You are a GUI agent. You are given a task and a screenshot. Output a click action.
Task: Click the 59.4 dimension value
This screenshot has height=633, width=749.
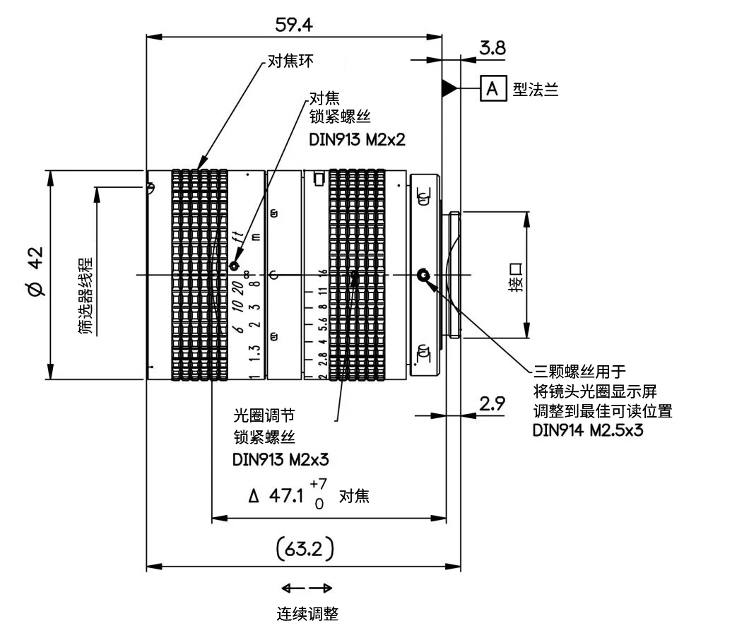294,24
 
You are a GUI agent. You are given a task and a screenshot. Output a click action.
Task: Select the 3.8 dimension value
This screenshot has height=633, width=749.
493,48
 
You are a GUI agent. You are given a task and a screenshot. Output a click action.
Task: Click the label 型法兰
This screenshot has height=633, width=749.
536,89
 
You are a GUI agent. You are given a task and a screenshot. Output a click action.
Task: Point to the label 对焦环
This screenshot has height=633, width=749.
290,61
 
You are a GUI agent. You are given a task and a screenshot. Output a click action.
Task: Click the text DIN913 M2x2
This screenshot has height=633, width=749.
358,139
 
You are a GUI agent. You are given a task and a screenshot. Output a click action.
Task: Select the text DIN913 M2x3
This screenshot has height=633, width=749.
281,460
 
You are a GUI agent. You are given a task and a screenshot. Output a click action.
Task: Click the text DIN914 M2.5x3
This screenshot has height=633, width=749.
588,430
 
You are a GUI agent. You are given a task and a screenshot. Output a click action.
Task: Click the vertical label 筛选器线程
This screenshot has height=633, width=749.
85,296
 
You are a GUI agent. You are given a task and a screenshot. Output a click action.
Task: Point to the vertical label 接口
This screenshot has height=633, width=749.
516,277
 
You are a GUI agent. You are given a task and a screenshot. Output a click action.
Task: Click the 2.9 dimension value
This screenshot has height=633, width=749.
492,404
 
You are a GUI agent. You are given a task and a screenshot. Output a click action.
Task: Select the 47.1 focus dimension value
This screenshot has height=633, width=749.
286,496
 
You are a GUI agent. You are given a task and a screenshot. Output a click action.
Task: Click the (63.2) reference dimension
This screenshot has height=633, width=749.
305,549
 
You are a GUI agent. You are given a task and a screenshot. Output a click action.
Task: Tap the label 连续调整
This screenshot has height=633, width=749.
307,614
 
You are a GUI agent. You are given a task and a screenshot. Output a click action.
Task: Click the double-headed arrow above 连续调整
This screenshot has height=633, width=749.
307,588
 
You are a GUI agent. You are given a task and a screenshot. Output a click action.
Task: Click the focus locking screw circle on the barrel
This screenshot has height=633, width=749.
234,266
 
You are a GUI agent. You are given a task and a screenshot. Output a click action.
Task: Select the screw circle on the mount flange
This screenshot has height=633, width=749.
423,276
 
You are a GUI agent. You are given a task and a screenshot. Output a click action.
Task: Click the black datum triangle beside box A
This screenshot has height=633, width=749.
449,88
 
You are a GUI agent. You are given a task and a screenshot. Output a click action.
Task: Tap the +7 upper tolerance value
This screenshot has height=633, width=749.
318,484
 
